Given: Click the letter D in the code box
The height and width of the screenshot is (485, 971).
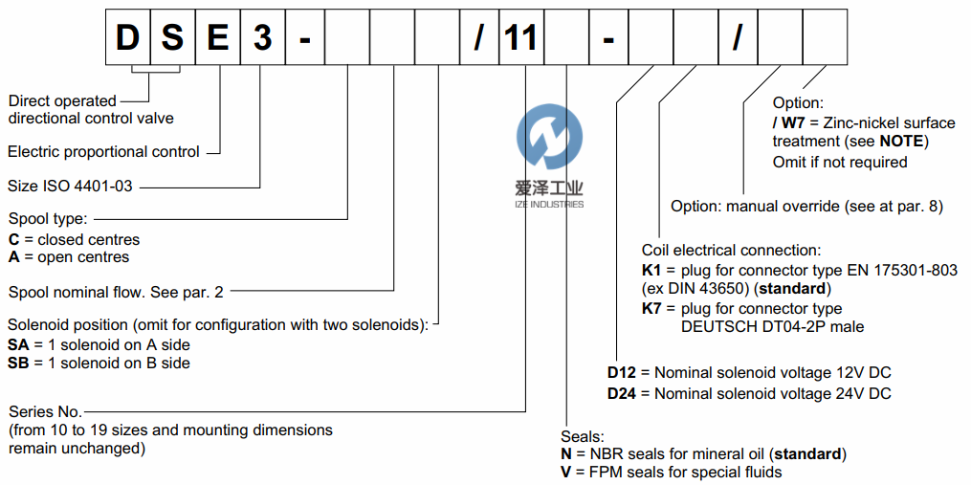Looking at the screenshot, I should pos(127,37).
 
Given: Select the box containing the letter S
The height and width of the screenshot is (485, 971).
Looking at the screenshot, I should pos(172,37).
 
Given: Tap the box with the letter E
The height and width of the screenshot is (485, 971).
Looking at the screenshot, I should pos(218,37).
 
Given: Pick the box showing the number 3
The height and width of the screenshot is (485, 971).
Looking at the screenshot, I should pos(262,37).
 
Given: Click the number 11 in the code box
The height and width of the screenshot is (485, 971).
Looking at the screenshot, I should pos(521,37).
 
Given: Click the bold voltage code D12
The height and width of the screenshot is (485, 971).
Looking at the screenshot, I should pos(622,372).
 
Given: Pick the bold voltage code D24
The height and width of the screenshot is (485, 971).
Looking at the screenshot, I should pos(622,392).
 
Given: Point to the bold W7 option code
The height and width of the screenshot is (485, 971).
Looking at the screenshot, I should pos(793,122).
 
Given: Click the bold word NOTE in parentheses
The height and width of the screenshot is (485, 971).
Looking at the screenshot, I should pos(904,142).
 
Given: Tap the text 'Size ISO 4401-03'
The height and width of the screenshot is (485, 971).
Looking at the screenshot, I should pos(70,187).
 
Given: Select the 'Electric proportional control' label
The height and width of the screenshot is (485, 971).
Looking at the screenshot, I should pos(103,151).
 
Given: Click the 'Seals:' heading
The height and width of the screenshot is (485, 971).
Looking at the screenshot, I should pos(583,435).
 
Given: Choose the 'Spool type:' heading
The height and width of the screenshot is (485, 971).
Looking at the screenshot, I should pos(48,220).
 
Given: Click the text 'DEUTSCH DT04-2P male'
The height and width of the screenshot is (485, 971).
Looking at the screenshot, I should pos(772,327).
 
